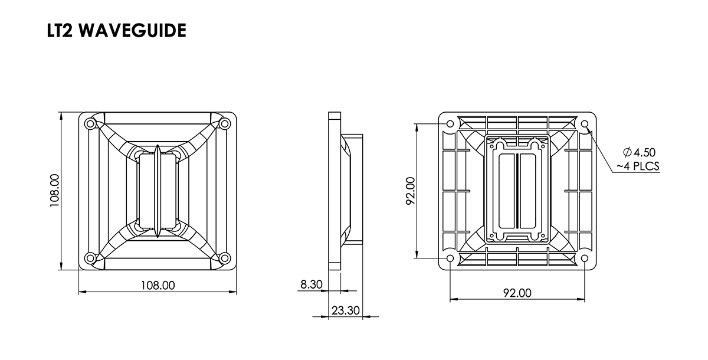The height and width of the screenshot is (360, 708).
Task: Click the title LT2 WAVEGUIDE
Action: [x=116, y=31]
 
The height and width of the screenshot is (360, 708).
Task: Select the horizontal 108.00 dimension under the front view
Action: [x=158, y=285]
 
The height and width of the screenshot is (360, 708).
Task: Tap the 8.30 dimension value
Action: [x=312, y=284]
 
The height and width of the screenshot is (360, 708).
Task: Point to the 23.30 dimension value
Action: [x=346, y=310]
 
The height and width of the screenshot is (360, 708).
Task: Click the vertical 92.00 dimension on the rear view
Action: [x=411, y=191]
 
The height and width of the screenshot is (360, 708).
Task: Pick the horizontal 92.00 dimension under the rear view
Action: [x=517, y=293]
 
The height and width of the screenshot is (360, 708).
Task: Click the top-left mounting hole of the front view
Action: [x=90, y=125]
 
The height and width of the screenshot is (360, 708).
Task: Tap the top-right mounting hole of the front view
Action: [x=224, y=125]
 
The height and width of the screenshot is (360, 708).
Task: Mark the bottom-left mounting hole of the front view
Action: [x=90, y=258]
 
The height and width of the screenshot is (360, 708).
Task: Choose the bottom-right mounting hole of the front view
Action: [x=224, y=258]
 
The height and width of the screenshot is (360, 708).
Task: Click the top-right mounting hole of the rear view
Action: [x=585, y=125]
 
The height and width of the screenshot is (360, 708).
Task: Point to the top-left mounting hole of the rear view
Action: [x=450, y=125]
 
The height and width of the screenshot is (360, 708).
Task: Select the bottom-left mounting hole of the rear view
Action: [x=450, y=258]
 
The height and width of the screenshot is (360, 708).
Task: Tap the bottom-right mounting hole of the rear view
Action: [x=585, y=258]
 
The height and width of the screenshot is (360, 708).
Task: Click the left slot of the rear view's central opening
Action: [x=506, y=191]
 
